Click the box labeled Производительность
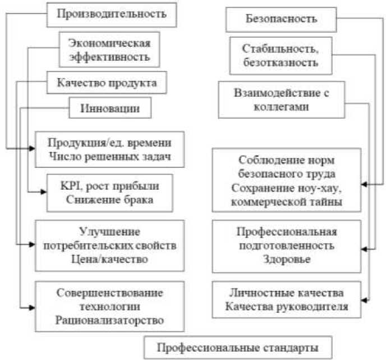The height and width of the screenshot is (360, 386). [x=113, y=13]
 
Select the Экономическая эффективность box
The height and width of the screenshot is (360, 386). [x=109, y=49]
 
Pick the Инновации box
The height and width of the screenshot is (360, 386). [x=110, y=107]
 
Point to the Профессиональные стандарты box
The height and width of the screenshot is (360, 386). [x=238, y=347]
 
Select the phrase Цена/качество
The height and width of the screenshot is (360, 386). [x=109, y=259]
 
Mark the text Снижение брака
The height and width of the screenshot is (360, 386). [x=109, y=200]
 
